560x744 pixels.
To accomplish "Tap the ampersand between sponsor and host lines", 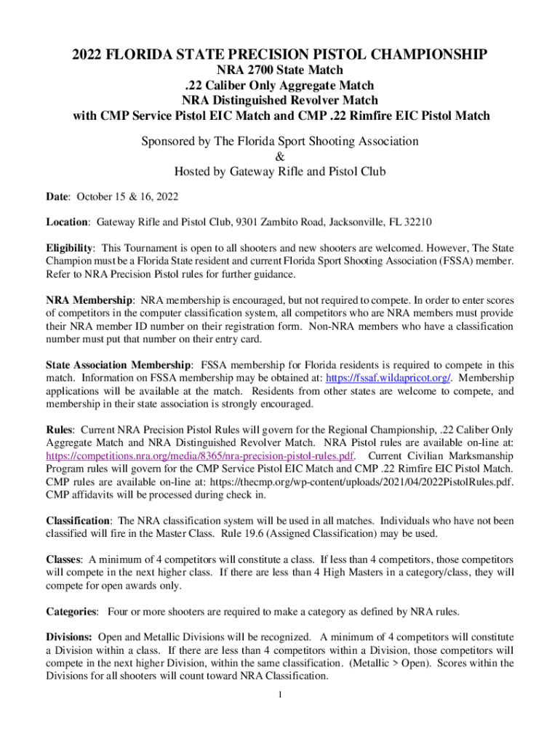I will coord(280,156).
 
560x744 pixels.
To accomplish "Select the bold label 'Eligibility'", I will coord(71,247).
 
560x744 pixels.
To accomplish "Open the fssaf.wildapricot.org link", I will coord(388,377).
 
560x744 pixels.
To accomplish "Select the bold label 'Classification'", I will coord(78,521).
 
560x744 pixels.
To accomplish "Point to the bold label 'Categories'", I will coord(73,611).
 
